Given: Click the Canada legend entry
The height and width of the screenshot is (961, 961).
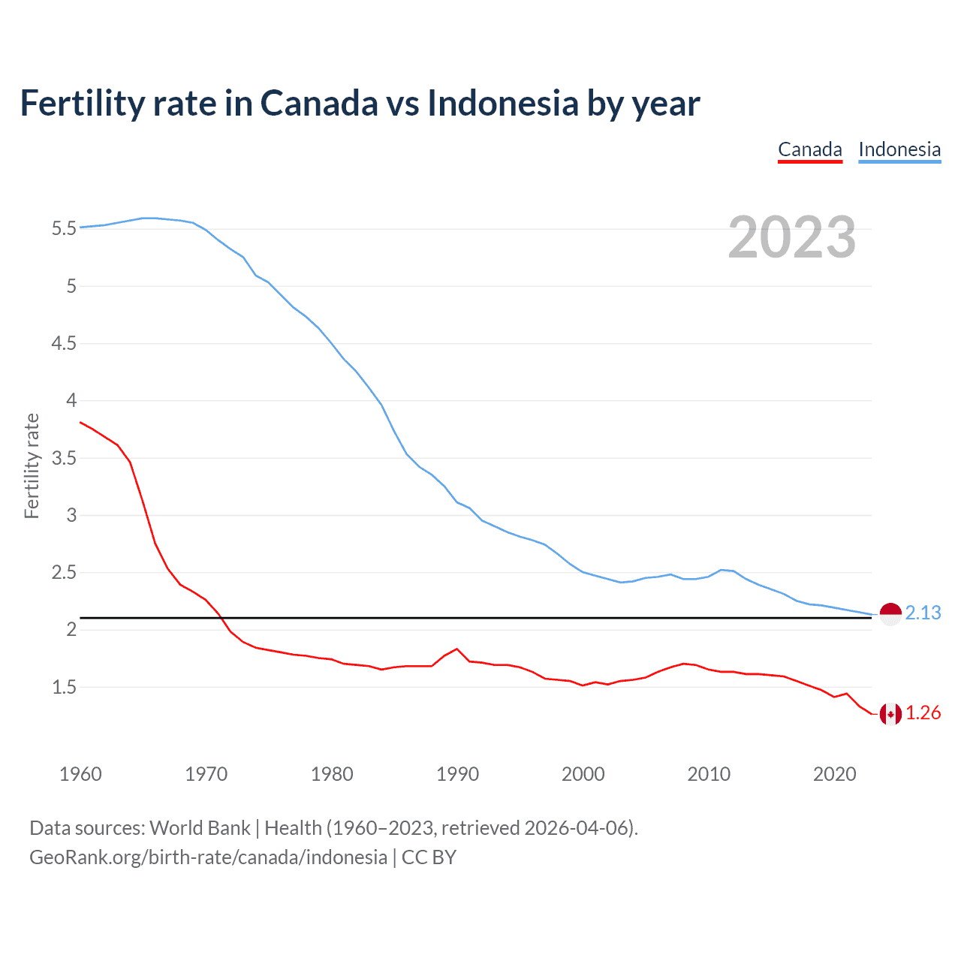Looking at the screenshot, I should tap(809, 149).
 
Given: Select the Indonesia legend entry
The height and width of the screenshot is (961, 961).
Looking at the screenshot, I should tap(899, 149).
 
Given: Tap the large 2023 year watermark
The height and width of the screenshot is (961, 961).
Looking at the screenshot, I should tap(791, 237).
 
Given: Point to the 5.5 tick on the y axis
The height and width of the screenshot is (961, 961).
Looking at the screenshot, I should tap(64, 228).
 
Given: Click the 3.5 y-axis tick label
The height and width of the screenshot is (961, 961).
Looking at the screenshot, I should tap(64, 458).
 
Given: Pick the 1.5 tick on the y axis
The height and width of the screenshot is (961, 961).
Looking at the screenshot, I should tap(64, 687).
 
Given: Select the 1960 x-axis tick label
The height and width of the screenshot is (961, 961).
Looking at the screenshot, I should tap(80, 774).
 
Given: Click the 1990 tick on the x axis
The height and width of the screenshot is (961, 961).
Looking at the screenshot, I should tap(457, 774).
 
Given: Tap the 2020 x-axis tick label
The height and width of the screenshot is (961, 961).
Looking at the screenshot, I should tap(834, 774).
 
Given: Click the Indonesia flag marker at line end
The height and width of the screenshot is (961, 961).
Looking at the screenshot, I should tap(890, 613).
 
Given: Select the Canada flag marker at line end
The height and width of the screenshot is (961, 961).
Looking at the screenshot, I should tap(890, 713).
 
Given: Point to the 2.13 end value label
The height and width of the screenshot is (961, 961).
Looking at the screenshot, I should tap(923, 613).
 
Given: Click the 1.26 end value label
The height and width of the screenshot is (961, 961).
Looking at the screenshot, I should tap(923, 713).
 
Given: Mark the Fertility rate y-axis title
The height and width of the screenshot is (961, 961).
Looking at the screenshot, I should tap(32, 465).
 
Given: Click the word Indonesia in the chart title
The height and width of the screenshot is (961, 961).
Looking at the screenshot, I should tap(502, 104).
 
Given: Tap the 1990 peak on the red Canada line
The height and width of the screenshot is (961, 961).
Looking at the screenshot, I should tap(456, 649).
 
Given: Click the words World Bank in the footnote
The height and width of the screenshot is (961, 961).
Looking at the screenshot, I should tap(200, 828).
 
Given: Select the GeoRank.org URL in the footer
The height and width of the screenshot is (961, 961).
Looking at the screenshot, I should tap(208, 857).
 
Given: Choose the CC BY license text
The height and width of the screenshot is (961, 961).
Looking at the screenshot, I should tap(429, 857).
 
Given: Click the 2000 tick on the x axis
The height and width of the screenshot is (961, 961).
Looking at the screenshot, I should tap(583, 774).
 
